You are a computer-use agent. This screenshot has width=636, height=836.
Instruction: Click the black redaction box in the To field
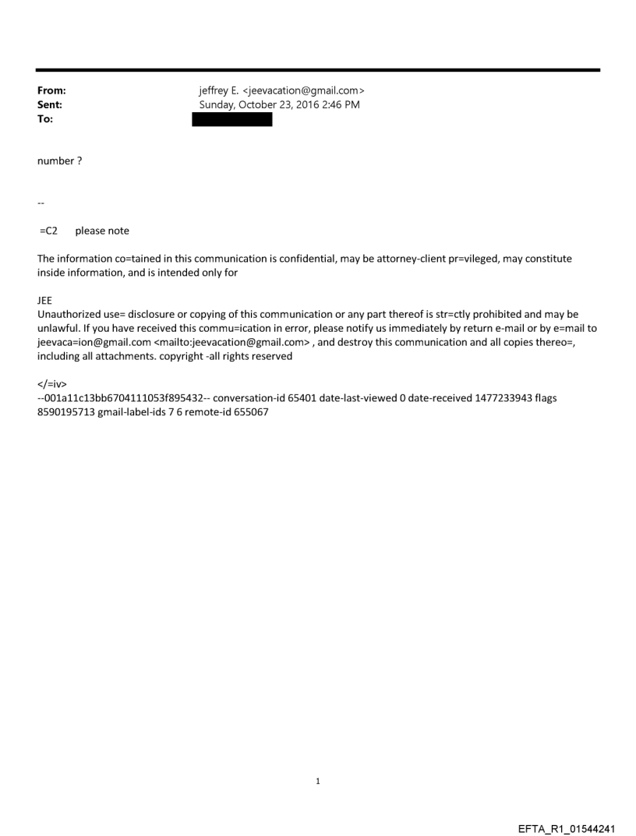[231, 119]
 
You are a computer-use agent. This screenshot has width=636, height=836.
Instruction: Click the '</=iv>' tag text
[51, 384]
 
